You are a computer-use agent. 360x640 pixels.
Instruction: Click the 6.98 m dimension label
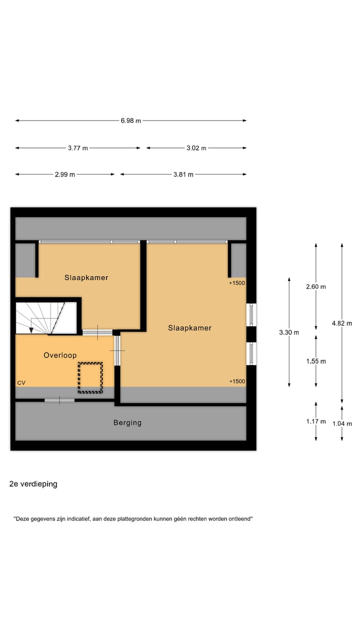(130, 120)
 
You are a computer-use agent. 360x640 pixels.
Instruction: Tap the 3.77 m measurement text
(77, 148)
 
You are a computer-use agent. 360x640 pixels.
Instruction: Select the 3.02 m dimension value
(196, 148)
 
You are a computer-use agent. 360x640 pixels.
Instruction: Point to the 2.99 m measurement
(65, 174)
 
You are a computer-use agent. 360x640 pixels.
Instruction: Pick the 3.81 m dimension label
(183, 174)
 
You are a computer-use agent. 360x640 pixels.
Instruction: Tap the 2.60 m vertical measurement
(316, 287)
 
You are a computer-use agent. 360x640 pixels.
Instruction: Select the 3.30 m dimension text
(289, 332)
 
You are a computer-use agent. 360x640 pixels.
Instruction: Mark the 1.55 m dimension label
(316, 361)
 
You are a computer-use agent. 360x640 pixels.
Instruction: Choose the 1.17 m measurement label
(316, 421)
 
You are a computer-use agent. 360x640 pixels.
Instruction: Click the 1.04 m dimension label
(342, 423)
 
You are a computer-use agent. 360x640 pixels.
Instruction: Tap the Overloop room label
(60, 355)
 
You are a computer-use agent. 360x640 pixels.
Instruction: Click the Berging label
(127, 422)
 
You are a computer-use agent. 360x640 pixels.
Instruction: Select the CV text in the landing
(21, 382)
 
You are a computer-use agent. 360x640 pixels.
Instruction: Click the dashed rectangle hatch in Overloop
(90, 377)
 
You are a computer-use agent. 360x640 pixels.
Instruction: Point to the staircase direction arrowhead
(31, 330)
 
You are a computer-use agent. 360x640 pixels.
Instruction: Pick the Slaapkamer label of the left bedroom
(86, 277)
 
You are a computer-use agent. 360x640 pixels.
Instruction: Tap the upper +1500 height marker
(237, 283)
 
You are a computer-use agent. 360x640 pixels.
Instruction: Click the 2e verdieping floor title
(33, 484)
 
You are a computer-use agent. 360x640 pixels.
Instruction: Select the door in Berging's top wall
(59, 400)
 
